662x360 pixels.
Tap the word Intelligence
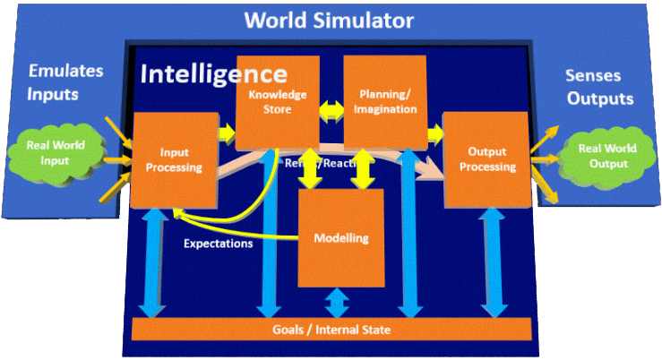click(214, 73)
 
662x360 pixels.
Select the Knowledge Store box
click(278, 101)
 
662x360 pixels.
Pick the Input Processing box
click(176, 159)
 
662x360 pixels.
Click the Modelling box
click(340, 237)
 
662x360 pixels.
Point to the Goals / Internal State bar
click(331, 330)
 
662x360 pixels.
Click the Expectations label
click(218, 243)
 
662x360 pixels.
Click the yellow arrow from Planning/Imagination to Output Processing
click(435, 133)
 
